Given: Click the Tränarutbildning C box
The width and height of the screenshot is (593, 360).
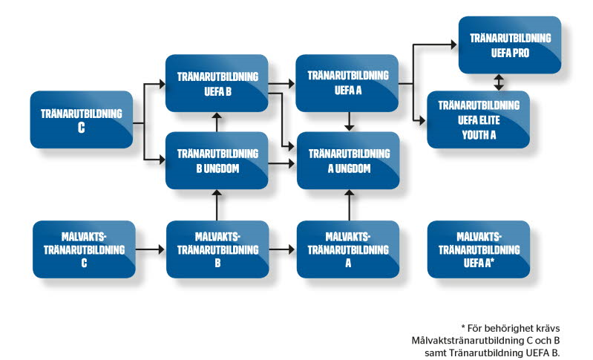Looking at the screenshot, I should pyautogui.click(x=82, y=119).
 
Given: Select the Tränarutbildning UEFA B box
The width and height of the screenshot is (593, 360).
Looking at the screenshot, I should pyautogui.click(x=217, y=83).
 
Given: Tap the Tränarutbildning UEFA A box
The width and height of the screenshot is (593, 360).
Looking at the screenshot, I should pyautogui.click(x=347, y=83).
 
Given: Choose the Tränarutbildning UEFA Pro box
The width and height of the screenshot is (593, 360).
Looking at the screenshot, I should pyautogui.click(x=509, y=46).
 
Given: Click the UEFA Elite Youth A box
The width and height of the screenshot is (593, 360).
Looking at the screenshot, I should pyautogui.click(x=479, y=119).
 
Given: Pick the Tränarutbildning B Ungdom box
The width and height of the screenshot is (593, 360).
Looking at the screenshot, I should pyautogui.click(x=217, y=160).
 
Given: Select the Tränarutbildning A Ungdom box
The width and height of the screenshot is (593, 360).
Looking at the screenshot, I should pyautogui.click(x=347, y=160).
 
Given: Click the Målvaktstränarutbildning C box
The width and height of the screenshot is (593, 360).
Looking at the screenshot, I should pyautogui.click(x=85, y=248).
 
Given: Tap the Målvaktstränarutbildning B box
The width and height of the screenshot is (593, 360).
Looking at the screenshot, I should pyautogui.click(x=217, y=248).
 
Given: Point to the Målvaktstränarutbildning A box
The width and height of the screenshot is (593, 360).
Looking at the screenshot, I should pyautogui.click(x=347, y=248).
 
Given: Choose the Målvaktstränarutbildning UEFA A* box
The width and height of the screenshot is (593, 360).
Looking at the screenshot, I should pyautogui.click(x=479, y=248).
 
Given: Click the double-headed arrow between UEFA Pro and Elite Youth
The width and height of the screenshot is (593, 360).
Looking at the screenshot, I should pyautogui.click(x=499, y=82).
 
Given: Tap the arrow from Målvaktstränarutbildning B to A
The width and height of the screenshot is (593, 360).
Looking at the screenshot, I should pyautogui.click(x=282, y=249).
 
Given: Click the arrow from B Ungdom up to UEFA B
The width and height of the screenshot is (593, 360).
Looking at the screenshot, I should pyautogui.click(x=217, y=122).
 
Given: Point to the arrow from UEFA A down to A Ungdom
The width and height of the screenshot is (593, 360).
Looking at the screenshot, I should pyautogui.click(x=347, y=122).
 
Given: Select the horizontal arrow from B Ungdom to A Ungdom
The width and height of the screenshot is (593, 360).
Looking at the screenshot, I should pyautogui.click(x=282, y=163).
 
